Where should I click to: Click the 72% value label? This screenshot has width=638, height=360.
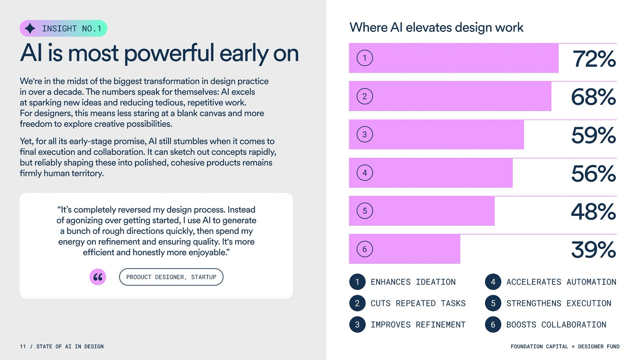click(x=594, y=59)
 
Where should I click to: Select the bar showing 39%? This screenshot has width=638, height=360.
click(x=404, y=249)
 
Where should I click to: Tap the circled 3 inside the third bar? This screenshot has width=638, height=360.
click(x=365, y=134)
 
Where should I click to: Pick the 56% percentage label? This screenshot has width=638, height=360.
click(x=594, y=173)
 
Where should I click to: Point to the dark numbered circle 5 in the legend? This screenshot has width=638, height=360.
click(x=493, y=303)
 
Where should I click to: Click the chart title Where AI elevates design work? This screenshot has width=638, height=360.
click(x=436, y=27)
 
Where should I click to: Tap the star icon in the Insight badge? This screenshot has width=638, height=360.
click(x=30, y=29)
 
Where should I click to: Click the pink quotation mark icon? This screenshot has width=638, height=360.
click(x=98, y=277)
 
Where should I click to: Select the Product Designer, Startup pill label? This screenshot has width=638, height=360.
click(x=171, y=277)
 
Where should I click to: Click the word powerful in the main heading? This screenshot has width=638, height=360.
click(x=169, y=53)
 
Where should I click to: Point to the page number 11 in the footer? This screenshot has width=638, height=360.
click(x=23, y=346)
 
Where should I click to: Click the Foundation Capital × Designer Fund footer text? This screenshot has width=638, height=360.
click(x=565, y=346)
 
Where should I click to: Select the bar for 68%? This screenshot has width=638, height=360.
click(x=450, y=96)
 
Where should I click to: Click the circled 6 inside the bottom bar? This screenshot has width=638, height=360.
click(x=365, y=249)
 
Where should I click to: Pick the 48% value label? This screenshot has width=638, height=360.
click(x=594, y=211)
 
